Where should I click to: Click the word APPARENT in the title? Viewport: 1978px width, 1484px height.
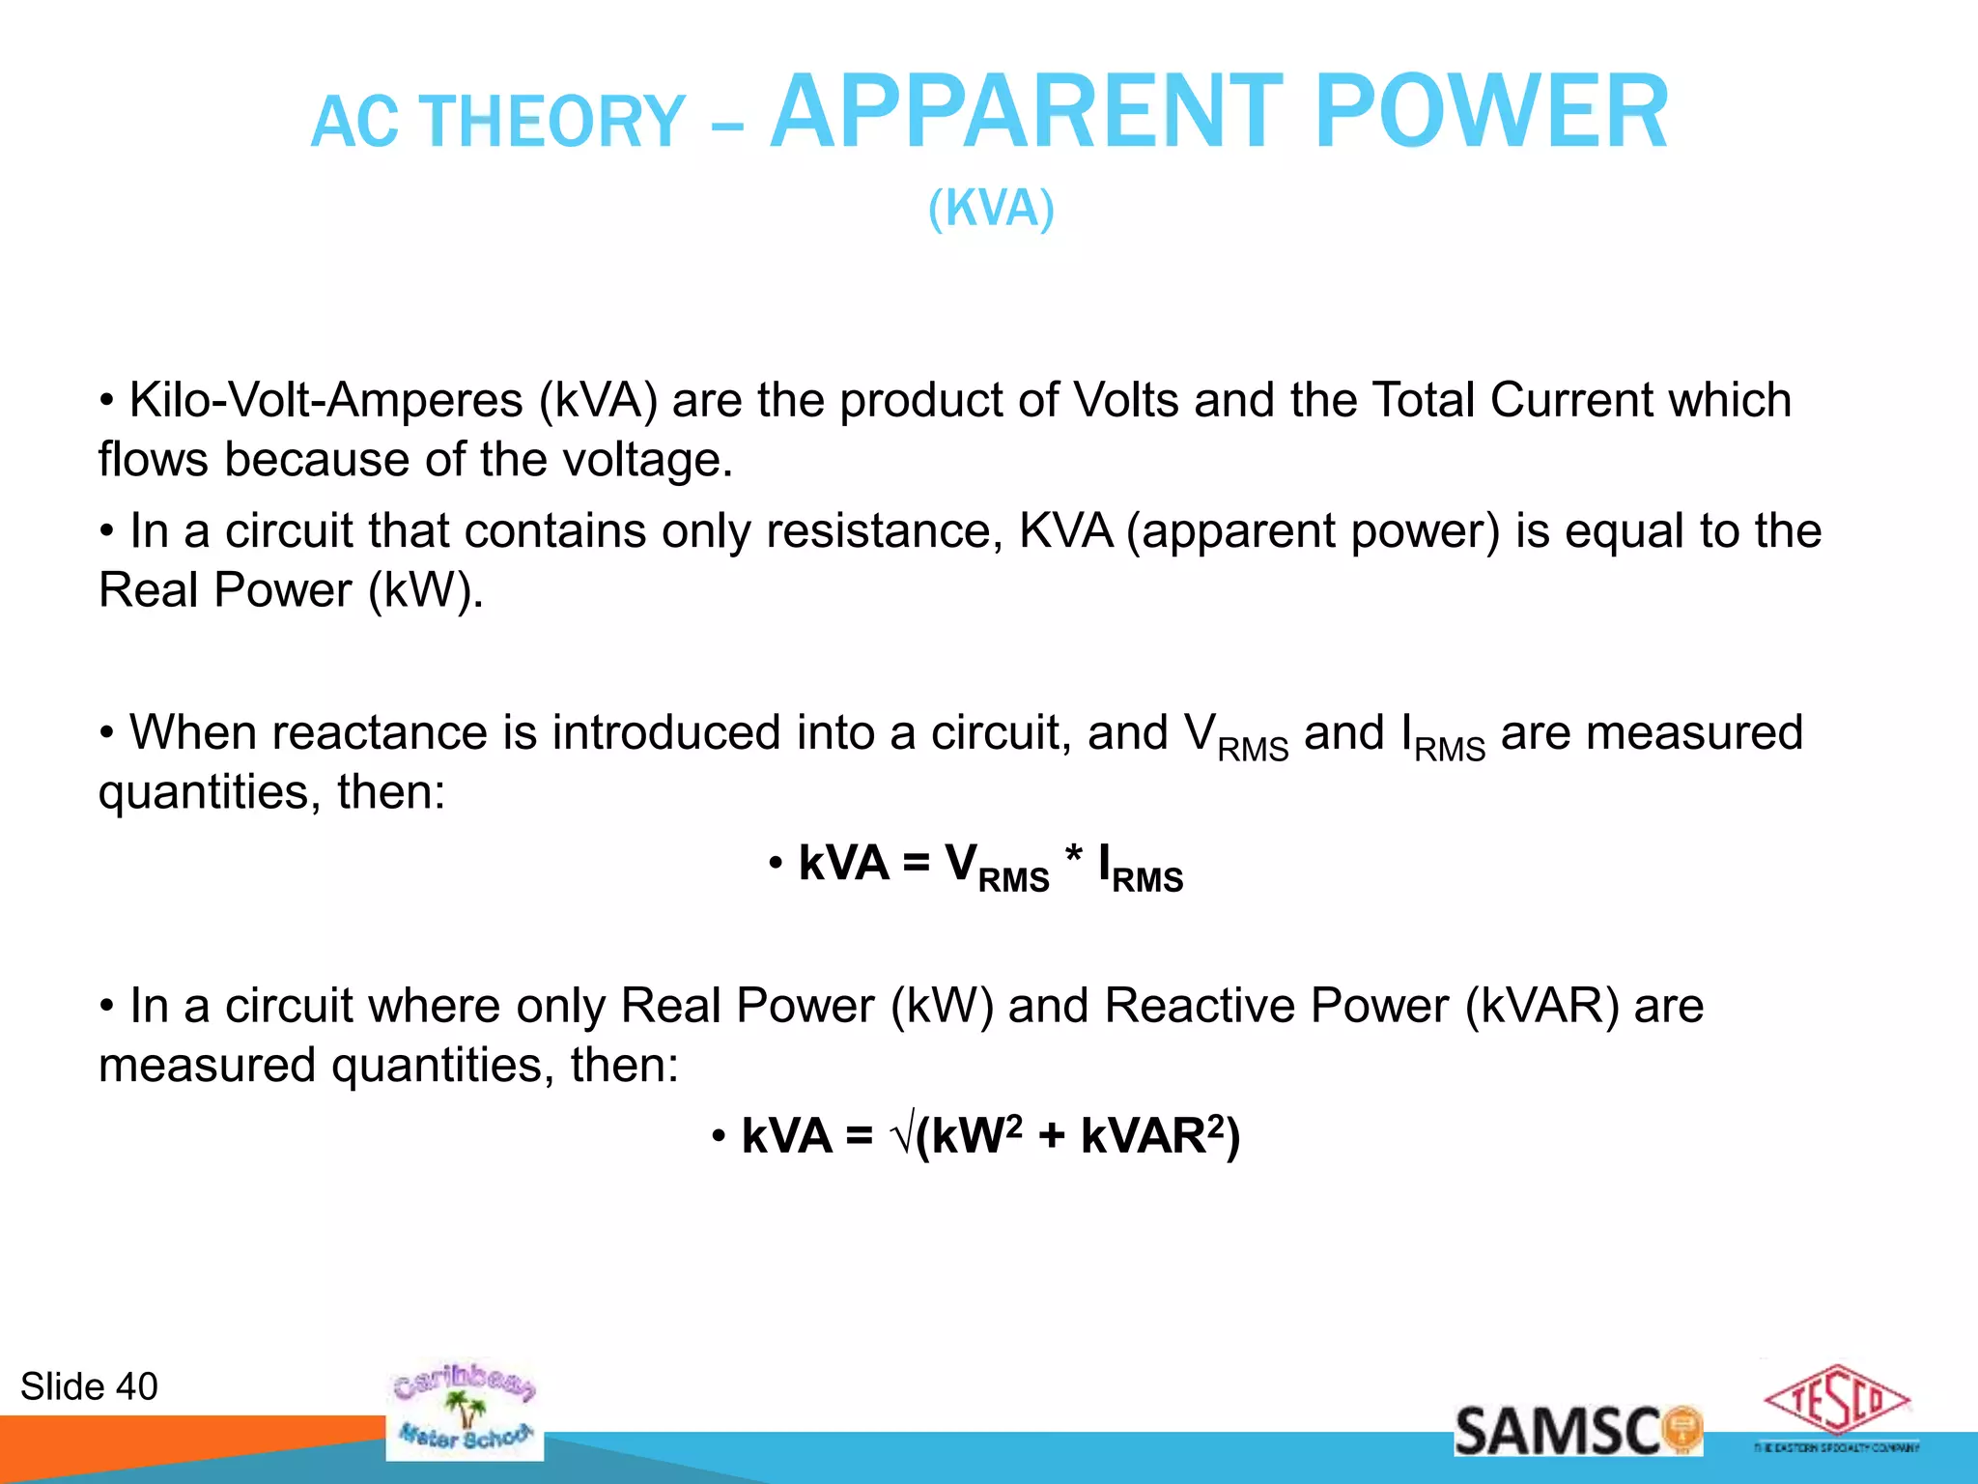(1030, 114)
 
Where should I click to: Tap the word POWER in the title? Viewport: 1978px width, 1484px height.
(1491, 114)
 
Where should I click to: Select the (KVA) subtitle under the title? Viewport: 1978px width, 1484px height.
(991, 209)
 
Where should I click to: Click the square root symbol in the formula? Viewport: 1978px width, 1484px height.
(902, 1136)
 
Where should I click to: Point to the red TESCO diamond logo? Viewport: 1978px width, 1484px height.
(1836, 1400)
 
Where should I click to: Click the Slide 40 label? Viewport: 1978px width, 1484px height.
(89, 1387)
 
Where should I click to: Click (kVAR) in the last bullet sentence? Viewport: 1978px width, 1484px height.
(1541, 1007)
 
